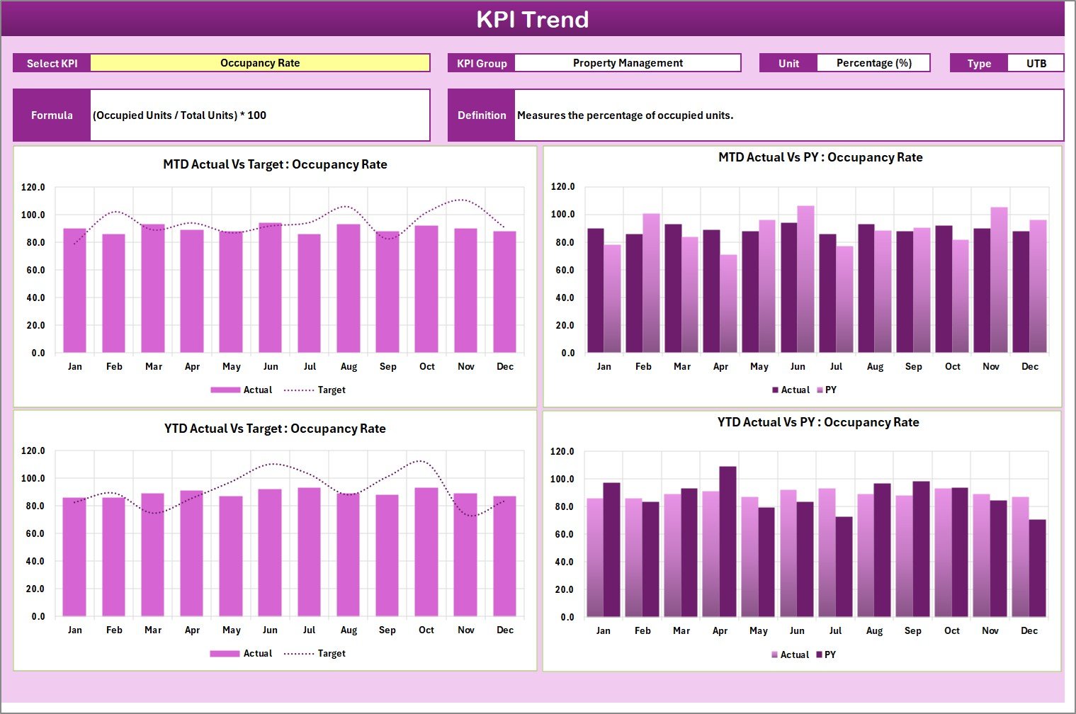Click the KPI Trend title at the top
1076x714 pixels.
pos(532,19)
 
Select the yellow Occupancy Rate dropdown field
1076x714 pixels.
pos(260,63)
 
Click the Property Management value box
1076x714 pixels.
pos(628,63)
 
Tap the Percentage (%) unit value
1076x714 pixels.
pos(873,63)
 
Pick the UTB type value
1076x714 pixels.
pos(1036,63)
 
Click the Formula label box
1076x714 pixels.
pos(52,115)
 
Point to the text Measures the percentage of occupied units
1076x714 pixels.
pos(625,115)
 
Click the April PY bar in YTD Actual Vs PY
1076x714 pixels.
pos(727,542)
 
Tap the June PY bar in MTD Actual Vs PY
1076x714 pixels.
pos(805,280)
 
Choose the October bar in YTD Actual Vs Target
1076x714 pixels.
pos(426,552)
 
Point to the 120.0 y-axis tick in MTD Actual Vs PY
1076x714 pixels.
pos(563,187)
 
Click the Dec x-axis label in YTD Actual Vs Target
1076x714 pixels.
pos(505,630)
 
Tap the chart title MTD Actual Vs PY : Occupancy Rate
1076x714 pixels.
pos(820,158)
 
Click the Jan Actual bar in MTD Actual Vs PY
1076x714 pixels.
pos(596,290)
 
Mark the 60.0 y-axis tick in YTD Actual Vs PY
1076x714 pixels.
pos(564,535)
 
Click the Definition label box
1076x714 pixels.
pos(482,115)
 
